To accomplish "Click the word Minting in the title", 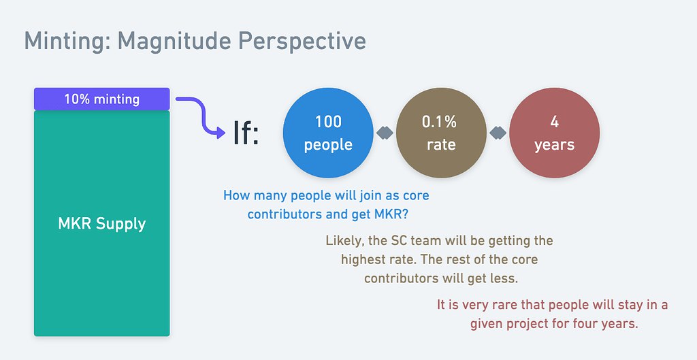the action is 67,41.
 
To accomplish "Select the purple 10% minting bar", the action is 102,99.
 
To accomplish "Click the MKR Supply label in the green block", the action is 102,224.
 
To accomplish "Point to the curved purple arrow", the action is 202,114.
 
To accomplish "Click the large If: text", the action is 246,133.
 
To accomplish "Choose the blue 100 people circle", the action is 328,133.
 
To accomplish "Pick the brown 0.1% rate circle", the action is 441,133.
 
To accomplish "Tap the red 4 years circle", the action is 554,133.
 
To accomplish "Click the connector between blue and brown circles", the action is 385,133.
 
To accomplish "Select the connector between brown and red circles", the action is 498,133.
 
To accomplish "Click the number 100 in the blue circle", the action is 328,122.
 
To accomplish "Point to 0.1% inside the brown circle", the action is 439,122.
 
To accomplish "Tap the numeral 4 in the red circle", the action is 554,122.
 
